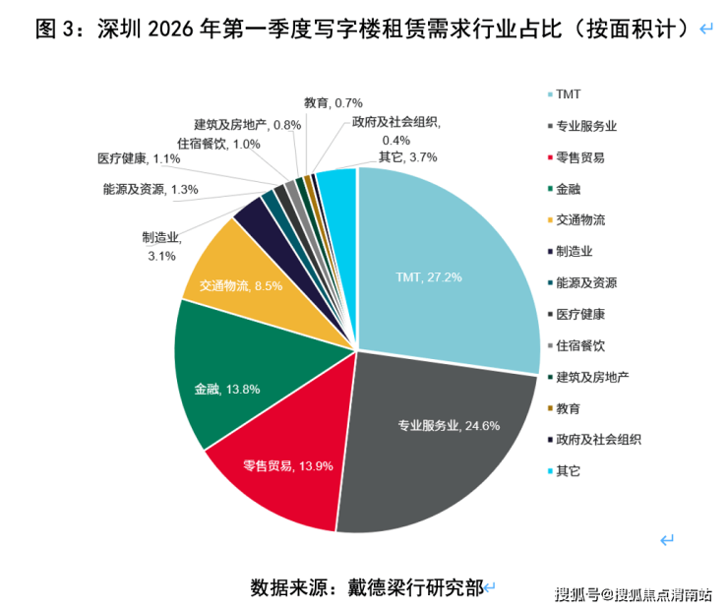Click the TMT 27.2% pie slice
click(x=443, y=266)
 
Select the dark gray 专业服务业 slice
click(x=433, y=433)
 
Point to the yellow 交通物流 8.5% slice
click(x=231, y=275)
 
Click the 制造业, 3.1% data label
click(x=158, y=246)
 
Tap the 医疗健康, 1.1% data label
click(x=139, y=158)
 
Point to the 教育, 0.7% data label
click(x=334, y=102)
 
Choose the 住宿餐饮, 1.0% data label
click(x=219, y=144)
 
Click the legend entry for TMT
click(x=568, y=94)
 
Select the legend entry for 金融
click(x=568, y=189)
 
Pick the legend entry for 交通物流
click(x=580, y=219)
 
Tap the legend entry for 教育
click(x=568, y=408)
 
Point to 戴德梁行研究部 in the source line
click(x=414, y=587)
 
